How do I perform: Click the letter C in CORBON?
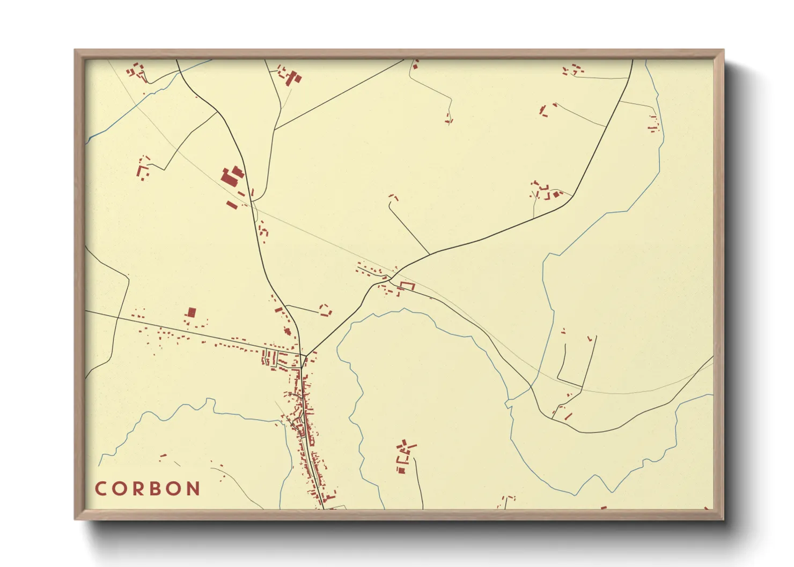(x=100, y=489)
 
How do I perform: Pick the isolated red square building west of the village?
(x=191, y=312)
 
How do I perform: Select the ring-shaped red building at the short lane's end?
(x=326, y=310)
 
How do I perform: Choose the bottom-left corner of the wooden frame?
(x=76, y=519)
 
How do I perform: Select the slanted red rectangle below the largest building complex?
(x=232, y=204)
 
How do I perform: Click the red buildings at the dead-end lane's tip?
(x=394, y=197)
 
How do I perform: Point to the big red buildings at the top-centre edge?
(x=293, y=78)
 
